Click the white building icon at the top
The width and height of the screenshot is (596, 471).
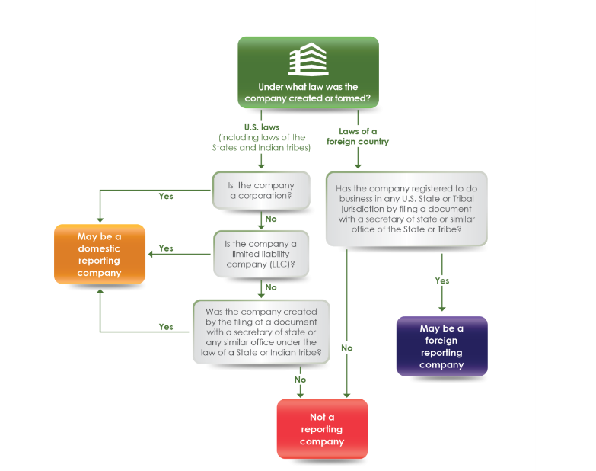click(x=308, y=60)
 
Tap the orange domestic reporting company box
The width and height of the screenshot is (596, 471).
click(x=99, y=254)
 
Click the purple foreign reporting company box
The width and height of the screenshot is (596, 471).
click(x=441, y=346)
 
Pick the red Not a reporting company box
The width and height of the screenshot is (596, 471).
click(x=322, y=429)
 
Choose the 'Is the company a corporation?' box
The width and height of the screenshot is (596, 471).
click(x=261, y=191)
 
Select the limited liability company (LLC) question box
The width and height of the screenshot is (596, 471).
click(x=261, y=255)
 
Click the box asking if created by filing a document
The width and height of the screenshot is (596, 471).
click(x=261, y=332)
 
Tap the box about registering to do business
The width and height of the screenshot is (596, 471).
click(x=406, y=209)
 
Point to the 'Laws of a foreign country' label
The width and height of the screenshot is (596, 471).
click(x=358, y=136)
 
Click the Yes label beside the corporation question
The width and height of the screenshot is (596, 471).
click(x=166, y=196)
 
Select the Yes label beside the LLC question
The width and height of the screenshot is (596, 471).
click(x=166, y=248)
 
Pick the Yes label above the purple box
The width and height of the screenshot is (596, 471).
click(x=442, y=280)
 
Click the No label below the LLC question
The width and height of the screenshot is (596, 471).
click(x=270, y=287)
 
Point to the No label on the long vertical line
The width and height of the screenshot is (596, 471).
click(x=347, y=348)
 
